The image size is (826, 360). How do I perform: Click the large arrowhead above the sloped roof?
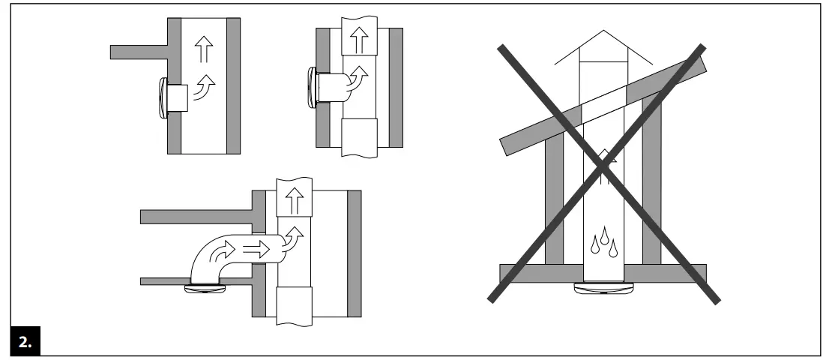pos(605,46)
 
